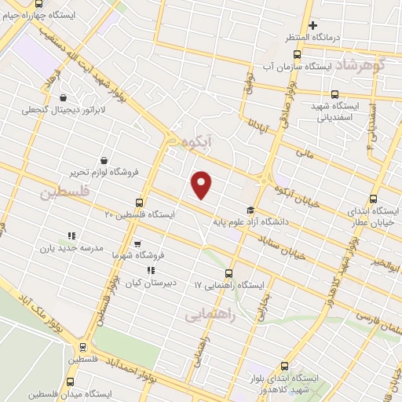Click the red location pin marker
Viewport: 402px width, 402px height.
coord(203,185)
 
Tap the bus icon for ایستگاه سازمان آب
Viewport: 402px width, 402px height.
coord(297,54)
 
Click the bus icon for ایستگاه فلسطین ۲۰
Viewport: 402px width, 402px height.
coord(139,202)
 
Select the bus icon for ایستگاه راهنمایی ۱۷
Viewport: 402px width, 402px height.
coord(228,273)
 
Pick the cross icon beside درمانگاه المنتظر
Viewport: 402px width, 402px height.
coord(312,25)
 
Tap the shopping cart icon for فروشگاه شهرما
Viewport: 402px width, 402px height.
coord(137,244)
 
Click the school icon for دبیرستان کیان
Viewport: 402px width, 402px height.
coord(151,271)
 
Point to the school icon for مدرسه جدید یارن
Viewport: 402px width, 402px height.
coord(71,235)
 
